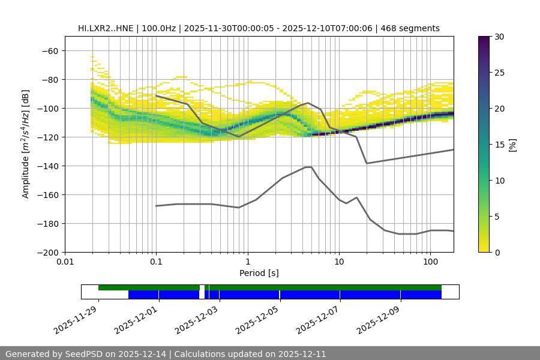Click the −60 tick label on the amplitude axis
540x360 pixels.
(50, 50)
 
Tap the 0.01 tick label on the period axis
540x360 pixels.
(65, 262)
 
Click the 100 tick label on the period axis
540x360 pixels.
(430, 262)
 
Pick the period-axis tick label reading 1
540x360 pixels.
(247, 262)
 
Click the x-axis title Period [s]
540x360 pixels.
(259, 273)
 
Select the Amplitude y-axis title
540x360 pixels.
(26, 144)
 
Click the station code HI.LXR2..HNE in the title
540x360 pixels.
(106, 28)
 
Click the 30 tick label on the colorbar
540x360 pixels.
(500, 37)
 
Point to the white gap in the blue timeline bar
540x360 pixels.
(202, 294)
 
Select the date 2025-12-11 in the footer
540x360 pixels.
(303, 354)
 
